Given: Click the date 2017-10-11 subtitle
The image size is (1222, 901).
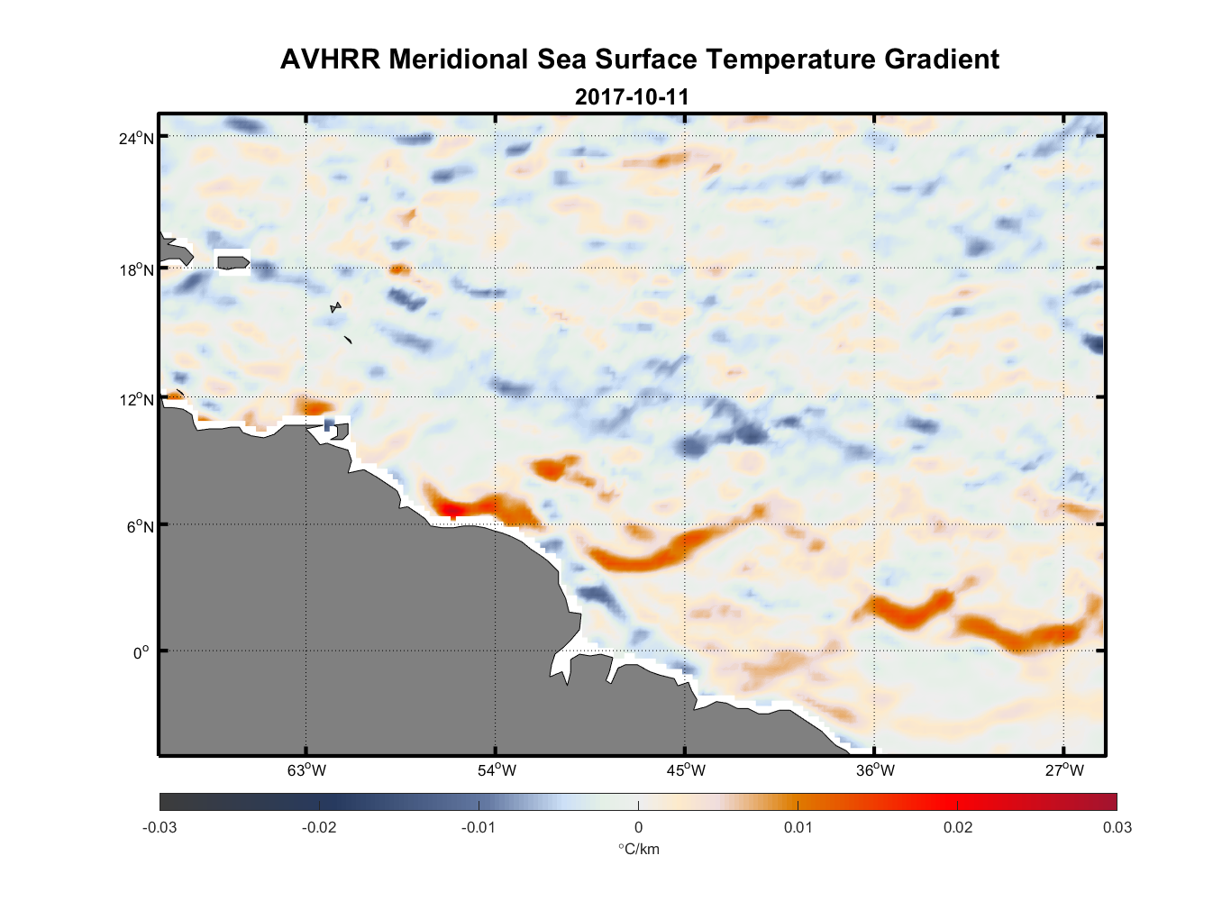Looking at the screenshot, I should [x=632, y=96].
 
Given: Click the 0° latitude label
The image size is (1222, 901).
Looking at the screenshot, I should [x=141, y=652].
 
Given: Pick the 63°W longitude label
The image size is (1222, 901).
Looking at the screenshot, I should [x=307, y=770].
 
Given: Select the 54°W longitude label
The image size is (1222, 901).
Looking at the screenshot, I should [x=497, y=770].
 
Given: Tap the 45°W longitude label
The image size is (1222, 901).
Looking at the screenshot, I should [x=686, y=770].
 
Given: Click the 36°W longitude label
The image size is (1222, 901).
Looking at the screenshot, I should [x=875, y=770].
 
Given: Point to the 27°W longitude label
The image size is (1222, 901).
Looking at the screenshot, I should [x=1064, y=770].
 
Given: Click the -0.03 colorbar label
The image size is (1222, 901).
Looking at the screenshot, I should [x=160, y=827].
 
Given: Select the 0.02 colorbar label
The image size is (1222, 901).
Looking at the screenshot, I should [x=958, y=827].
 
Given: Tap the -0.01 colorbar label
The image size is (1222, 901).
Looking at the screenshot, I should [x=479, y=827].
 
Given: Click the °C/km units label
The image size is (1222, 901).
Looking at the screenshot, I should [x=638, y=849].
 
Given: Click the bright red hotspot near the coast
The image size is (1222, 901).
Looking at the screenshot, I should [x=452, y=510].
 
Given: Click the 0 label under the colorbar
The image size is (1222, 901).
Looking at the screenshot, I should [x=638, y=827].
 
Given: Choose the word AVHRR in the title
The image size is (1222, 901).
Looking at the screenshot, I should [x=330, y=59].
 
